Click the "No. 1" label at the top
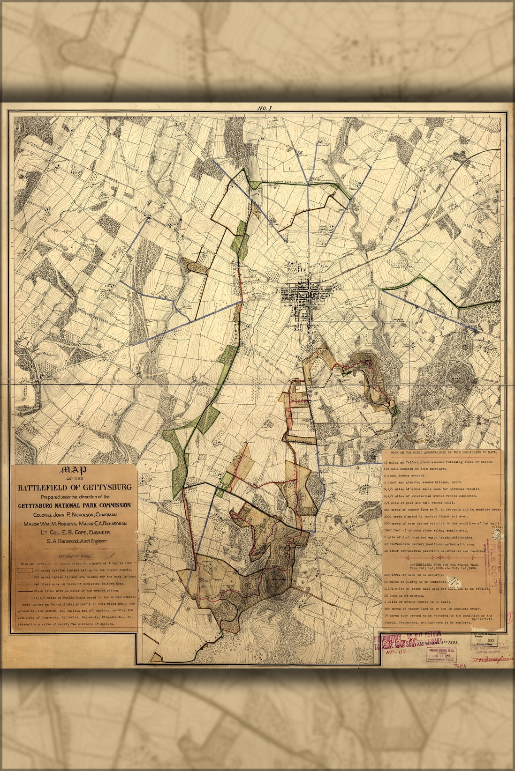265,108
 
